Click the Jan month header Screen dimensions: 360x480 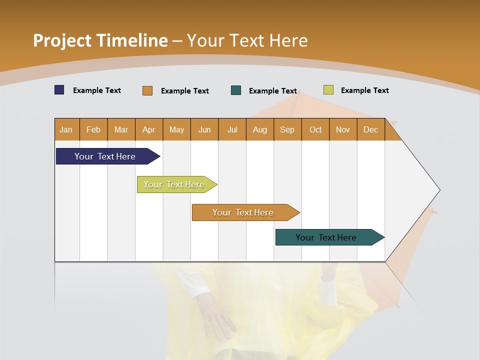(66, 129)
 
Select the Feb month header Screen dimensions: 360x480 (93, 129)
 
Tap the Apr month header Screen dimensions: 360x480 (148, 129)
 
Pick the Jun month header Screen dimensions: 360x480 (204, 129)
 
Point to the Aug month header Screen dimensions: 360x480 (259, 129)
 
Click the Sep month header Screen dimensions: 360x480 (287, 129)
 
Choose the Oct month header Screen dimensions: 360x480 (315, 129)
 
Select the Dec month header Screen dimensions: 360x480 (370, 129)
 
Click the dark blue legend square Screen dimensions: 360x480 (59, 90)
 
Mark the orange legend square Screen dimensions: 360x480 (147, 90)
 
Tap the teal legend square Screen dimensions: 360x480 (236, 90)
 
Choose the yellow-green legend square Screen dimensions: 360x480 (328, 90)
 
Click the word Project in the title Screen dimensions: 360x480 (62, 40)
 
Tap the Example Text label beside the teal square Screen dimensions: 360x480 (272, 91)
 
